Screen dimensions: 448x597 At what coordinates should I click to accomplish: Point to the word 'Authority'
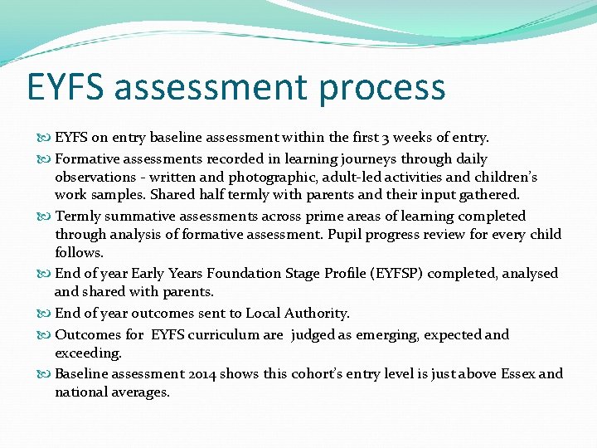[x=317, y=313]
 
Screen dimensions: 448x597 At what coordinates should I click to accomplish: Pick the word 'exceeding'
[x=88, y=353]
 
